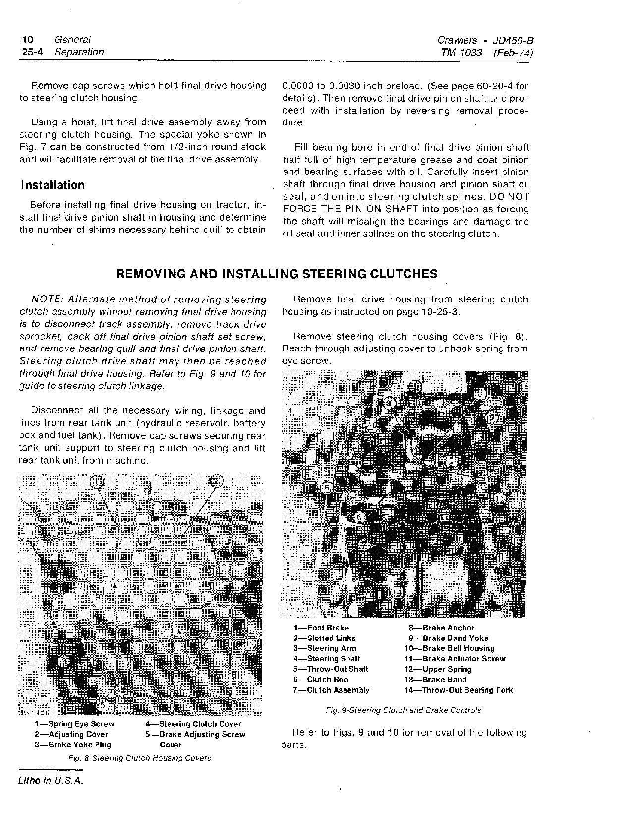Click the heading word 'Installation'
click(x=53, y=185)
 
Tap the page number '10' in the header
click(x=28, y=40)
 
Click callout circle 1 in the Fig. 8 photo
click(x=98, y=481)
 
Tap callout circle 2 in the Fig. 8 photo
click(x=217, y=481)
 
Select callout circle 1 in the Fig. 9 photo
click(x=415, y=386)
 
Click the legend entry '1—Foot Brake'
click(x=321, y=628)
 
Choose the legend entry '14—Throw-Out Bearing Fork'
click(x=459, y=690)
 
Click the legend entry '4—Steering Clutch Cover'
click(x=193, y=724)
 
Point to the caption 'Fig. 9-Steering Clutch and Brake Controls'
click(x=403, y=710)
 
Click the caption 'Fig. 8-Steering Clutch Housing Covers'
click(x=139, y=758)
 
